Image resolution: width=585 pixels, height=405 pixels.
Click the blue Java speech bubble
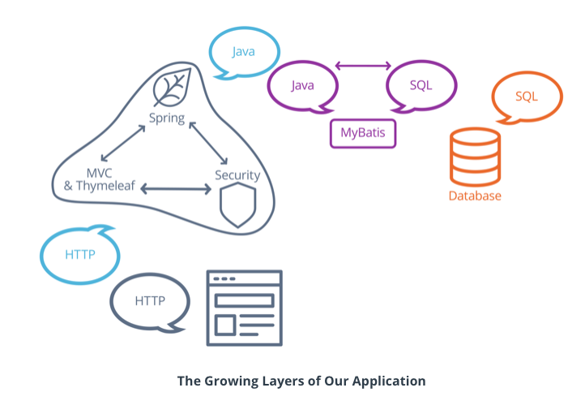point(244,52)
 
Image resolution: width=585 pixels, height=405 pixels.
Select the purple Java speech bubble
point(302,85)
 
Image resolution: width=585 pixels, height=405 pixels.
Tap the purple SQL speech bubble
point(421,85)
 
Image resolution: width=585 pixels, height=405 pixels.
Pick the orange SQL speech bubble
point(527,97)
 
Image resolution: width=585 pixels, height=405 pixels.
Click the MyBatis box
point(363,133)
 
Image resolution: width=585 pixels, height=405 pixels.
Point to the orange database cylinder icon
point(475,159)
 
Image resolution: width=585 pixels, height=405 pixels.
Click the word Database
point(475,196)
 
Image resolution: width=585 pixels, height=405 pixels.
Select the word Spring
point(167,119)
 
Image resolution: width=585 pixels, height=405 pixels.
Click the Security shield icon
point(238,205)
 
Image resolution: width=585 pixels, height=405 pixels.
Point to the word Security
point(237,175)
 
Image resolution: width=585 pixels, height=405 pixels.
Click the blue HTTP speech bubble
point(80,255)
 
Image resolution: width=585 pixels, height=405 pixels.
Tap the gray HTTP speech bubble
point(150,301)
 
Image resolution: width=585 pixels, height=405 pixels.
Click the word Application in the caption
point(392,380)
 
